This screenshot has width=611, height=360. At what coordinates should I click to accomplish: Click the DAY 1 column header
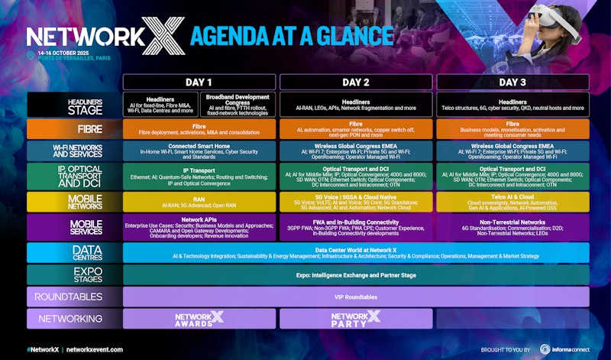(x=199, y=82)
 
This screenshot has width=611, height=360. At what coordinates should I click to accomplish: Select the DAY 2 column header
(x=356, y=82)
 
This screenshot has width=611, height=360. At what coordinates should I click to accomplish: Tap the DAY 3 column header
(x=512, y=82)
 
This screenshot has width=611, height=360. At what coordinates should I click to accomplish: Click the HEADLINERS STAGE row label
(x=74, y=105)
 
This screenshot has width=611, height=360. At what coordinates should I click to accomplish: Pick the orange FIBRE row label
(x=74, y=129)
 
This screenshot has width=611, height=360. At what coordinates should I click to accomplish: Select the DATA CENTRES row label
(x=74, y=253)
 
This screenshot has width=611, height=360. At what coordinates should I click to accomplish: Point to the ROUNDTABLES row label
(x=74, y=296)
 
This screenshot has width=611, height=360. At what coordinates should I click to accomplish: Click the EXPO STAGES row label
(x=74, y=274)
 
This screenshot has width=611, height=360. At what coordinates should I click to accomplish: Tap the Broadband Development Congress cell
(x=238, y=105)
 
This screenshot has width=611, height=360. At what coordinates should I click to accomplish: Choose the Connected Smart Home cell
(x=199, y=151)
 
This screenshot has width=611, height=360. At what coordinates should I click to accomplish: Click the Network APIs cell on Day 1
(x=199, y=227)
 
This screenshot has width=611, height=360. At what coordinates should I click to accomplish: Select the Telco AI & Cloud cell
(x=512, y=201)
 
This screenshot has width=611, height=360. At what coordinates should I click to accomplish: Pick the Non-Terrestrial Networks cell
(x=512, y=227)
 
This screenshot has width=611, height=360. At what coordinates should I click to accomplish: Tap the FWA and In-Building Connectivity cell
(x=356, y=227)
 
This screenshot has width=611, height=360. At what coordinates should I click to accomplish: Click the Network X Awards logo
(x=199, y=318)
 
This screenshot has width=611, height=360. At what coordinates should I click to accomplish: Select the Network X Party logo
(x=356, y=318)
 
